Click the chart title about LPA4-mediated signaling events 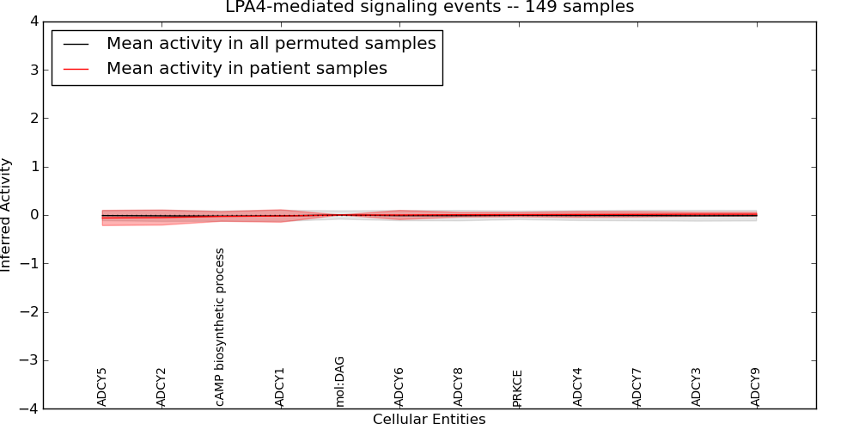coord(429,8)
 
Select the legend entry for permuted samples coord(271,43)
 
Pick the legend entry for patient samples coord(247,69)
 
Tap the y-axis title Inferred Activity coord(7,215)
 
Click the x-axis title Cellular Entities coord(429,420)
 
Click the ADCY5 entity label coord(102,387)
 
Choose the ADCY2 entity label coord(161,387)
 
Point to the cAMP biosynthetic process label coord(221,327)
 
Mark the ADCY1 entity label coord(280,387)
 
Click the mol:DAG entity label coord(340,381)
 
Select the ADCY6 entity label coord(399,387)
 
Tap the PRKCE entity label coord(518,388)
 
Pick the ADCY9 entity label coord(756,387)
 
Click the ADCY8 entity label coord(459,387)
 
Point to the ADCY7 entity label coord(637,387)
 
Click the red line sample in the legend coord(76,69)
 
